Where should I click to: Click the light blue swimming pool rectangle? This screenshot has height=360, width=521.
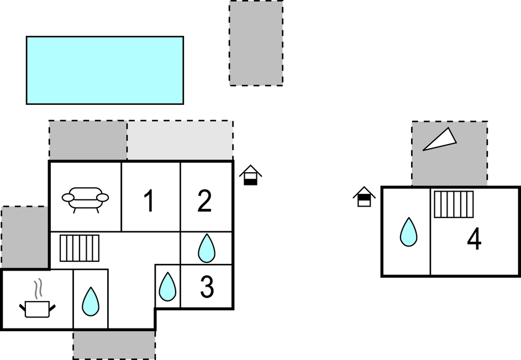(x=105, y=71)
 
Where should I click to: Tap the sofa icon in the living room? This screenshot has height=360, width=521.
(x=85, y=199)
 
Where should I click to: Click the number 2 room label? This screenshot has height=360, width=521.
(x=204, y=200)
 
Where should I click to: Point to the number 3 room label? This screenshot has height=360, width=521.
(x=207, y=287)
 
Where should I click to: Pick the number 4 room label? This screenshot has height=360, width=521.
(x=474, y=239)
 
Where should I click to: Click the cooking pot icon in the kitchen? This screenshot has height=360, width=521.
(x=37, y=309)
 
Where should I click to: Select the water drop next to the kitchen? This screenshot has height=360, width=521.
(x=91, y=301)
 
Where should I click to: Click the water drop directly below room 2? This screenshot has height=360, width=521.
(x=206, y=248)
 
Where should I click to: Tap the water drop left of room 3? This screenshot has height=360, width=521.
(x=167, y=287)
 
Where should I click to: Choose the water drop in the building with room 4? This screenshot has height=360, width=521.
(x=408, y=232)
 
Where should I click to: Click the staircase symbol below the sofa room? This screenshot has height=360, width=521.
(x=80, y=248)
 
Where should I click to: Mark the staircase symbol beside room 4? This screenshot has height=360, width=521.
(x=454, y=204)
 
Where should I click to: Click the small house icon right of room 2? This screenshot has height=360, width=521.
(x=250, y=175)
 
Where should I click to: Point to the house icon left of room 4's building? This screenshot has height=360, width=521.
(x=364, y=197)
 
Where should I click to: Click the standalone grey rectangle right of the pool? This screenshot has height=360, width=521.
(x=256, y=43)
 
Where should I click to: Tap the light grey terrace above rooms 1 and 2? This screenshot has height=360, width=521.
(x=180, y=140)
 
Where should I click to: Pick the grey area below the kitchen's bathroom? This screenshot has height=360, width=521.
(x=114, y=345)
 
